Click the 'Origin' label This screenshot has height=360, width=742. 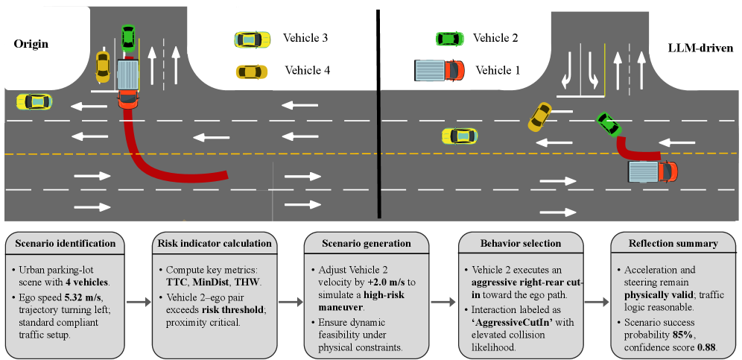(x=31, y=44)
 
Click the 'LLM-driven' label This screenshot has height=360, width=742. (x=701, y=48)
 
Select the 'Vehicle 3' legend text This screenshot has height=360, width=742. (x=305, y=37)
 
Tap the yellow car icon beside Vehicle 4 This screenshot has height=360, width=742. (x=251, y=72)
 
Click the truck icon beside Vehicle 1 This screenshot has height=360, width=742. (x=439, y=70)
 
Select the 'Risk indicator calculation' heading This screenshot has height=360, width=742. (x=215, y=243)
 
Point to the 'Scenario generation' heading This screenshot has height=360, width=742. (x=367, y=243)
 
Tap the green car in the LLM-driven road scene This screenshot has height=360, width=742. (x=609, y=124)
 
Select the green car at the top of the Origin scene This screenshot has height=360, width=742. (x=128, y=37)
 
